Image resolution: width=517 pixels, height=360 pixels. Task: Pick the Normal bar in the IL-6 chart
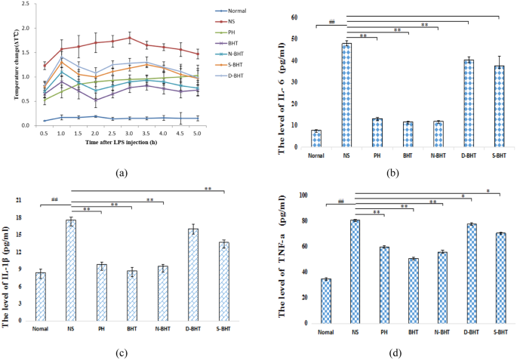click(316, 139)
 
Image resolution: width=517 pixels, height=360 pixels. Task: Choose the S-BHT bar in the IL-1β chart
click(224, 281)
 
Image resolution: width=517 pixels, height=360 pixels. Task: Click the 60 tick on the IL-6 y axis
click(294, 17)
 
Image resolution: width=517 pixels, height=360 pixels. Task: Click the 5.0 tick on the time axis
click(197, 133)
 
